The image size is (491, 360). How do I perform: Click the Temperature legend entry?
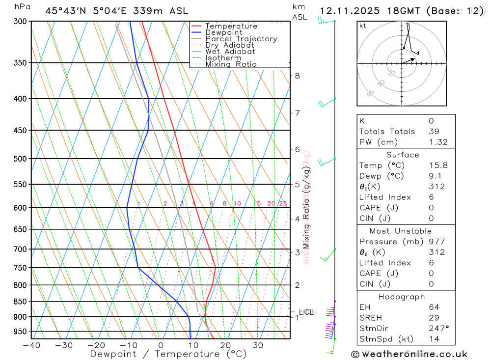(231, 26)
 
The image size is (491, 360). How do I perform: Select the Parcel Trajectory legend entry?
(241, 39)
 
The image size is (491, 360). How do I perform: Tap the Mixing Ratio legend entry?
(231, 64)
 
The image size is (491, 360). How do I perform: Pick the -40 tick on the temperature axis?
(31, 345)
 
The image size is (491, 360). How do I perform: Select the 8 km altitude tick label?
(298, 76)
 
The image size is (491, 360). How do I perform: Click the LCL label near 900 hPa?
(306, 312)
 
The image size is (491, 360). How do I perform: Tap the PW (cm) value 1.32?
(438, 142)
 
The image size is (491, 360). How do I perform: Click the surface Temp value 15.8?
(438, 166)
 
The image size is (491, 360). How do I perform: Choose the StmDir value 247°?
(438, 329)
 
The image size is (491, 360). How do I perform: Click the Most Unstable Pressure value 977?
(436, 242)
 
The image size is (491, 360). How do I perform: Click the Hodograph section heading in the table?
(402, 297)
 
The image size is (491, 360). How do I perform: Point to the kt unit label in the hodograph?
(363, 26)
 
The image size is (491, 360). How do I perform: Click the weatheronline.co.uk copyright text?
(409, 354)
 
